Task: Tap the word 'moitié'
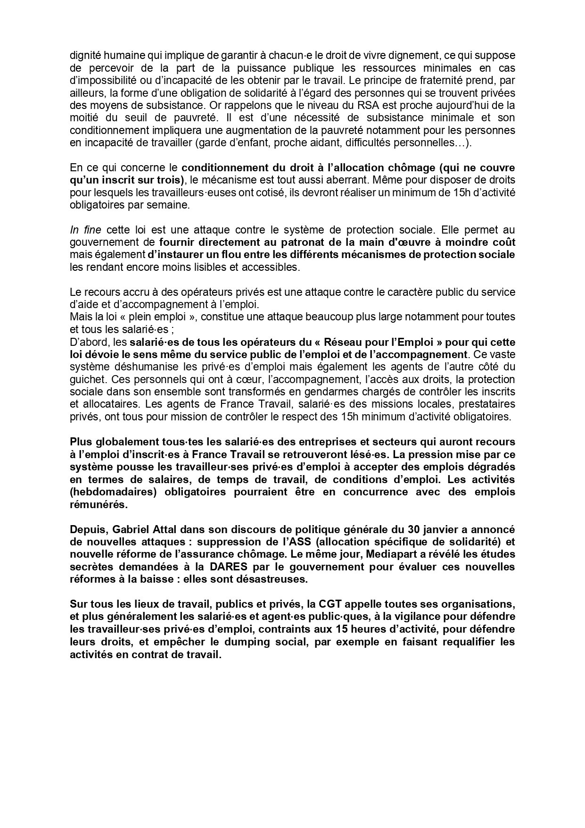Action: pos(83,117)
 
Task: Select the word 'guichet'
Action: pos(84,379)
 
